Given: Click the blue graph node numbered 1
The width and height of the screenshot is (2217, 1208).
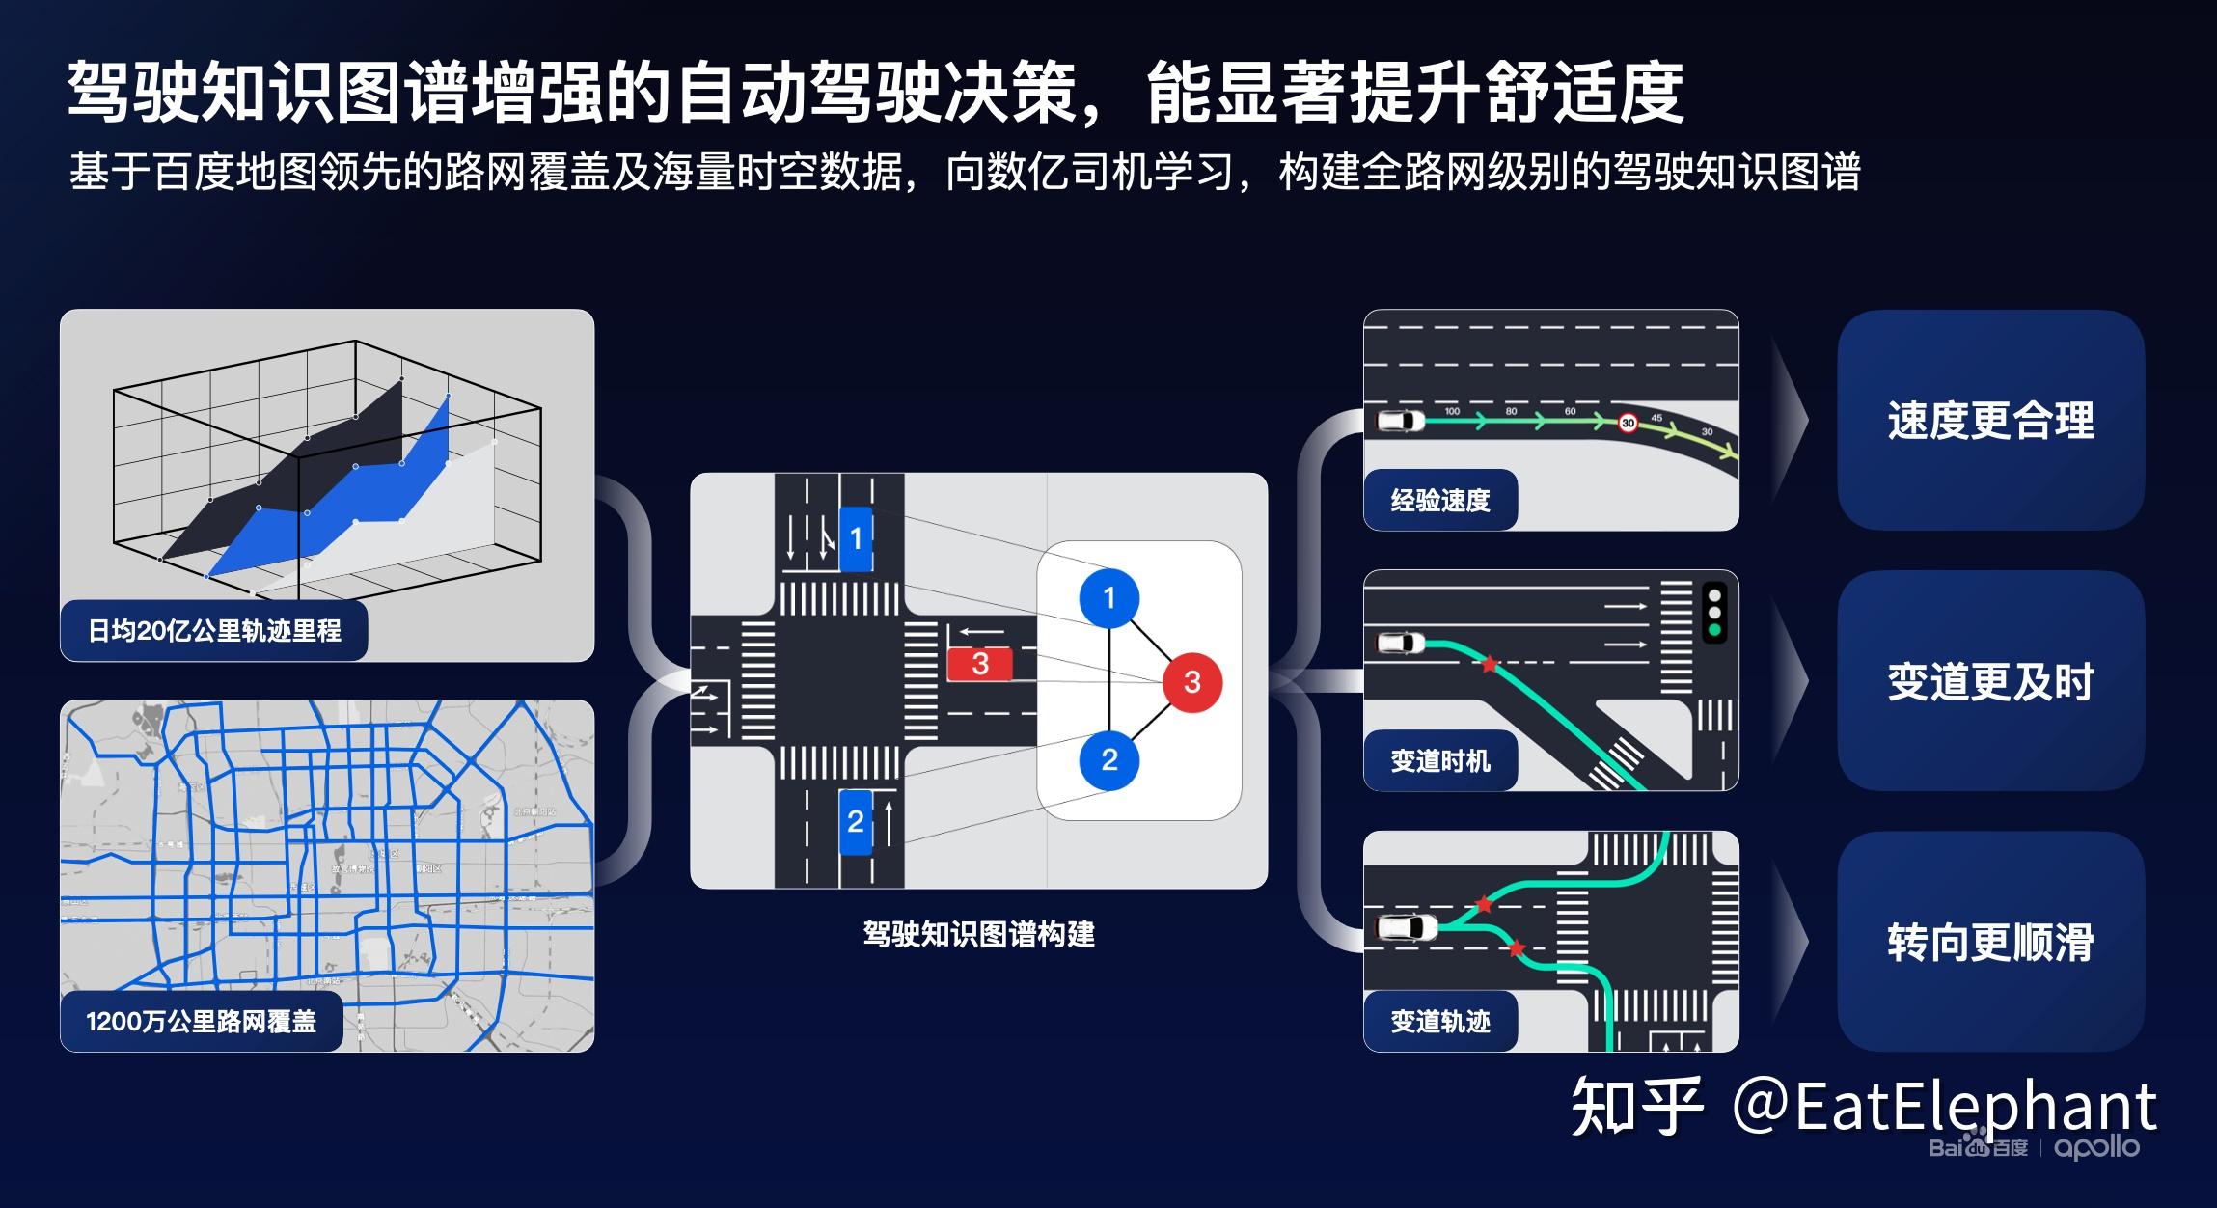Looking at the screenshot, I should pos(1108,598).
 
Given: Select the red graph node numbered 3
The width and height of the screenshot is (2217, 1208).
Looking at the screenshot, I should pos(1191,682).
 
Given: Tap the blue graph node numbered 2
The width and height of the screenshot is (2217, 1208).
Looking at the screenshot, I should pos(1108,760).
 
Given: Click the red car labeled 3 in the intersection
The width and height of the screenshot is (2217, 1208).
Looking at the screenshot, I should pos(979,664).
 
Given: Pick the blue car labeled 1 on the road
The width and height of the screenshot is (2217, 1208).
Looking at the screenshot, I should pos(856,538).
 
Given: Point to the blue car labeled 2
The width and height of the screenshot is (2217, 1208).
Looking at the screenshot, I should pos(855,821).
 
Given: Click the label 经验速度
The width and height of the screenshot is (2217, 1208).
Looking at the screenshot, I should pos(1439,500).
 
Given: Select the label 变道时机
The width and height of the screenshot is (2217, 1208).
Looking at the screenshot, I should pos(1439,761).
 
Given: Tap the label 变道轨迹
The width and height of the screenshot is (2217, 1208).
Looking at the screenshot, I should pos(1439,1022).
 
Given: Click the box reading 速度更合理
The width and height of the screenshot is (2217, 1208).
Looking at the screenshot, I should pos(1990,421).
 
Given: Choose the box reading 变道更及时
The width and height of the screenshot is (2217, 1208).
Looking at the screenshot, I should pos(1990,681).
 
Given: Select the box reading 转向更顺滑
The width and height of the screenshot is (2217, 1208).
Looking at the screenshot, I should pos(1990,942).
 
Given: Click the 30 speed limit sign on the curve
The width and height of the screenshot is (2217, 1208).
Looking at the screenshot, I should pos(1628,423).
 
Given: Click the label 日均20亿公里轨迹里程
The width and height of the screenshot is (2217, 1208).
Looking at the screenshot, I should pos(214,631).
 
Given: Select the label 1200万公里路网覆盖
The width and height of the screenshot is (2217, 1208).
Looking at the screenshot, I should pos(201,1022).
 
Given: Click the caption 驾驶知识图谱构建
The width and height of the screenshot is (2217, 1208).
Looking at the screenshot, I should pos(978,934).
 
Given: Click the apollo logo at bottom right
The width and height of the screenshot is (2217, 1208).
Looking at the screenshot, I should pos(2096,1147).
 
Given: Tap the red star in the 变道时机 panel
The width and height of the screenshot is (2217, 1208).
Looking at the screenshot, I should pos(1490,664).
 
